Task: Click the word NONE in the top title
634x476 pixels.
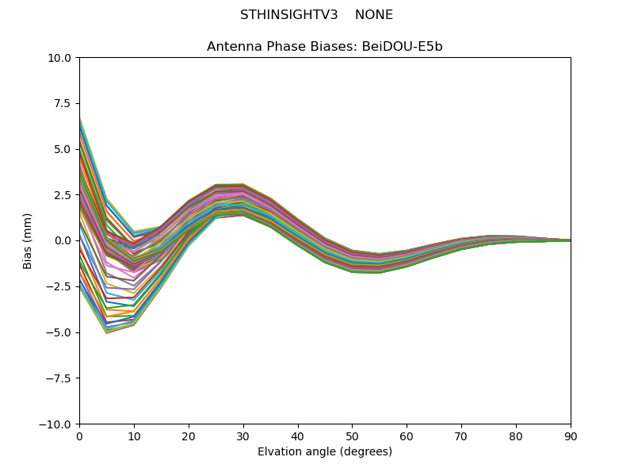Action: coord(374,15)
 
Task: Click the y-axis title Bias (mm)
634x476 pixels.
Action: coord(28,240)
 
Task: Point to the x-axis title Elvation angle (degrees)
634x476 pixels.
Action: coord(325,452)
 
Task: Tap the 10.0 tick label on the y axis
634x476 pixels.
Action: coord(61,58)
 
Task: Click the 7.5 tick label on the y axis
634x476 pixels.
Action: coord(64,104)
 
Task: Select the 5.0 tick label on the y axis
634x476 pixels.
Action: coord(64,149)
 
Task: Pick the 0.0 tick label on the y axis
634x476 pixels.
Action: coord(64,240)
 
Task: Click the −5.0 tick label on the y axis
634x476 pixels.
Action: coord(61,332)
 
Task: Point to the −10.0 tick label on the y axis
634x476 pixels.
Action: coord(58,424)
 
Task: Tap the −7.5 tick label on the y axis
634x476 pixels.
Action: coord(61,378)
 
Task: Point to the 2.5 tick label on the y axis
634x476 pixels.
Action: coord(64,195)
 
